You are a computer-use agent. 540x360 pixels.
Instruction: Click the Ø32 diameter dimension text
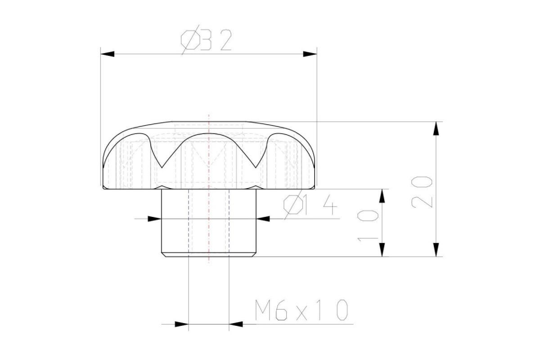point(207,40)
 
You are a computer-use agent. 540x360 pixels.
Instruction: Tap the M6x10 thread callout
point(301,310)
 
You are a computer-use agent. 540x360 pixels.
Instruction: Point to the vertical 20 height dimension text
point(422,192)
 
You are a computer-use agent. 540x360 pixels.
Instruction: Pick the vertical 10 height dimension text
point(368,226)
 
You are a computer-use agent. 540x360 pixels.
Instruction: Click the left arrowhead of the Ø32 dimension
point(108,54)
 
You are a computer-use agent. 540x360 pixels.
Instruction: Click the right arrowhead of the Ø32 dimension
point(310,54)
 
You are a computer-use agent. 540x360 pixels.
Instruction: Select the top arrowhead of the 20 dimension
point(436,129)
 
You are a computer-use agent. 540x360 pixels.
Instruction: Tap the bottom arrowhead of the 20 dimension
point(436,250)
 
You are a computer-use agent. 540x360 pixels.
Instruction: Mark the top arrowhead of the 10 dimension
point(382,196)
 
